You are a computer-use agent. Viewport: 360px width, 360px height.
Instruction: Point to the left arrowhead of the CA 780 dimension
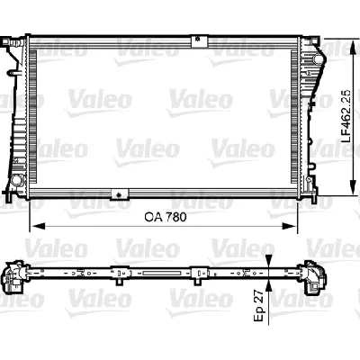[x=35, y=227]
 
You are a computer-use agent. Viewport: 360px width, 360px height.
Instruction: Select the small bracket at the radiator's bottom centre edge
[x=114, y=193]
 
